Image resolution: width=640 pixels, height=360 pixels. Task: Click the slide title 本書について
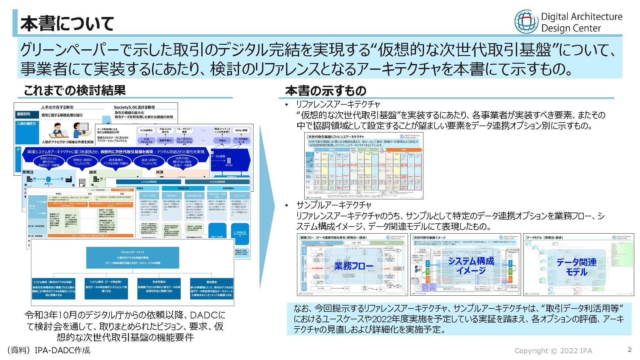point(67,24)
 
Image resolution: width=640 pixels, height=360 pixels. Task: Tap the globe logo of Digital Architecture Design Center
point(526,21)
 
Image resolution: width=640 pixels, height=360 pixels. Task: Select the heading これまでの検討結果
point(75,91)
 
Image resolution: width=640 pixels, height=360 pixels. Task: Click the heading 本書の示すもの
point(325,91)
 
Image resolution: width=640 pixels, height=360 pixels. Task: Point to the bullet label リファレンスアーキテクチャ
point(338,104)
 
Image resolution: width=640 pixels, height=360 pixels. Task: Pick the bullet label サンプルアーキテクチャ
point(334,205)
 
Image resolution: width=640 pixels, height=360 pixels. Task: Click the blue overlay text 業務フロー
point(353,266)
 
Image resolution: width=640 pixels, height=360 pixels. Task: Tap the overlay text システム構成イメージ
point(471,266)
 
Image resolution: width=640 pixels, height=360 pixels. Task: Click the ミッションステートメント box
point(132,258)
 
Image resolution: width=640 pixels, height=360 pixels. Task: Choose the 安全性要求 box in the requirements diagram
point(159,288)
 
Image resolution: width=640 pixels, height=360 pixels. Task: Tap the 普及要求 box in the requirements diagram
point(212,288)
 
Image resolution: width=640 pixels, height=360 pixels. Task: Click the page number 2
point(629,349)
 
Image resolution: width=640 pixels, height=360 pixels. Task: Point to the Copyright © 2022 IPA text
point(553,351)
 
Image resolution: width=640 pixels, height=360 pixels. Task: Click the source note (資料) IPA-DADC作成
point(49,350)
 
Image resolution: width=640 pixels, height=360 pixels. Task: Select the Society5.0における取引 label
point(134,107)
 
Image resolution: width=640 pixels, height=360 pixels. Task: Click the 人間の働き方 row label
point(27,124)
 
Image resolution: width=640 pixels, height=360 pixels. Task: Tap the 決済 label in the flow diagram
point(159,172)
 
